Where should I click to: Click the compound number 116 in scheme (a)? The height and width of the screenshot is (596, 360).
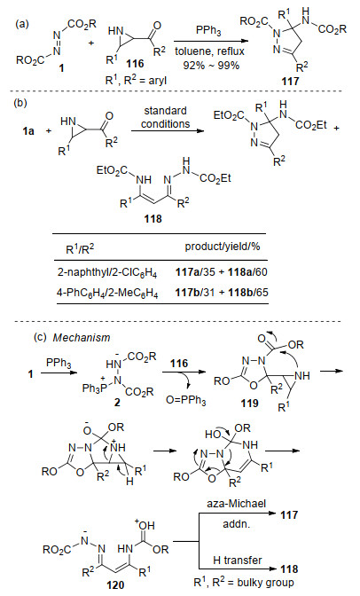tap(136, 64)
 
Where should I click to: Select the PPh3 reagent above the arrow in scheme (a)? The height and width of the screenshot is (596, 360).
tap(208, 31)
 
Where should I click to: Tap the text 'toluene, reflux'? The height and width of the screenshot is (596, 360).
tap(209, 51)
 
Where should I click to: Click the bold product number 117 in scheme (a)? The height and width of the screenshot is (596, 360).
tap(290, 81)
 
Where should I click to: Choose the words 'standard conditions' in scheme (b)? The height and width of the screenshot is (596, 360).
tap(165, 117)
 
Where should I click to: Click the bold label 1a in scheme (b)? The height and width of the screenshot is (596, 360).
tap(27, 131)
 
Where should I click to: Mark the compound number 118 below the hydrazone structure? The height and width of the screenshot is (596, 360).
tap(153, 218)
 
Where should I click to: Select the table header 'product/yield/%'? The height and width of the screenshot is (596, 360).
tap(223, 247)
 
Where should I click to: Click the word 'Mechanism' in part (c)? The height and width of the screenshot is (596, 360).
tap(82, 338)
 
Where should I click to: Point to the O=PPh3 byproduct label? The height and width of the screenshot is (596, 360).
tap(186, 401)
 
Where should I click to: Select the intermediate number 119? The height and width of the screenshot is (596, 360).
tap(249, 403)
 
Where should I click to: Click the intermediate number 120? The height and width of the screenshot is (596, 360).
tap(115, 584)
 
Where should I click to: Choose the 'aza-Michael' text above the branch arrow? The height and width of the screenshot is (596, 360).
tap(236, 504)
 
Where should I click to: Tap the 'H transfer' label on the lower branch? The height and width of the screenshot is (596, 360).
tap(238, 561)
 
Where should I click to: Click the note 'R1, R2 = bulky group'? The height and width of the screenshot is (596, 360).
tap(243, 582)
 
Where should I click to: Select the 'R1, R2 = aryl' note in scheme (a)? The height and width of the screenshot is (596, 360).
tap(136, 81)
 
